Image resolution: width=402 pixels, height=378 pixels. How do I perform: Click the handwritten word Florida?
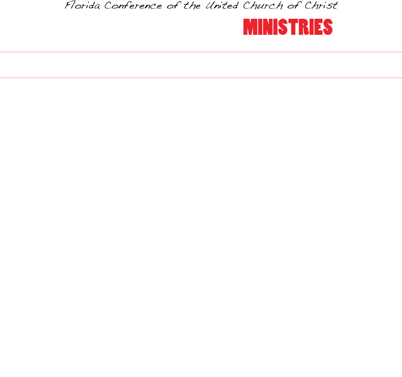click(x=82, y=5)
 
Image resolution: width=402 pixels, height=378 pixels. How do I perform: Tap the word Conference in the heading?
click(x=133, y=5)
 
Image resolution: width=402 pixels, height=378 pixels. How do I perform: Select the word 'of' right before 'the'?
click(x=173, y=5)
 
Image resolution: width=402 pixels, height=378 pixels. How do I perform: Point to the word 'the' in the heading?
click(x=192, y=5)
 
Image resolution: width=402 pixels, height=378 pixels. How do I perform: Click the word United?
click(x=222, y=5)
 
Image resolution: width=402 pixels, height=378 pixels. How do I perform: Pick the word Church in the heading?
click(x=263, y=5)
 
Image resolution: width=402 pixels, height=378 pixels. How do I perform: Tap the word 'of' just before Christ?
click(x=293, y=5)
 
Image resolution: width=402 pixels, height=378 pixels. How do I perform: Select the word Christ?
click(x=321, y=5)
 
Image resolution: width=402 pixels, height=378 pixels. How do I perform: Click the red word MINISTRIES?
click(x=288, y=27)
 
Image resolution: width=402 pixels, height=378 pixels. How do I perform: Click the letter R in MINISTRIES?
click(x=303, y=27)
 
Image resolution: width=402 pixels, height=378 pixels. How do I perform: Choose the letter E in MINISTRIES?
click(x=318, y=27)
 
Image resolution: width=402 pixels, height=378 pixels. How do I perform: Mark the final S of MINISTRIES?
click(x=328, y=27)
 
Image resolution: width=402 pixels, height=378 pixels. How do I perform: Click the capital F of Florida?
click(x=69, y=5)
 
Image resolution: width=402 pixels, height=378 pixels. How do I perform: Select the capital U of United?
click(x=210, y=5)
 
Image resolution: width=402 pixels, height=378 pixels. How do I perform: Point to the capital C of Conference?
click(x=109, y=5)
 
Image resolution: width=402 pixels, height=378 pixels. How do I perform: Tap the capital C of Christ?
click(x=309, y=5)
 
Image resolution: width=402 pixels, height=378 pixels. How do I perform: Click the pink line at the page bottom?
click(x=201, y=378)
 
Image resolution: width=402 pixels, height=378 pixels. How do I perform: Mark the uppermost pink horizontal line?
click(x=201, y=52)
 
